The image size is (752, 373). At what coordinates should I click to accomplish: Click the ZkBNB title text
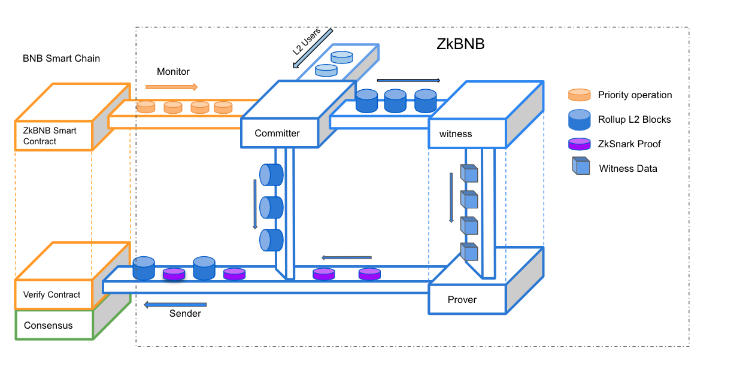[x=460, y=45]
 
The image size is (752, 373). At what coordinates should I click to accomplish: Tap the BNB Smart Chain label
[x=61, y=59]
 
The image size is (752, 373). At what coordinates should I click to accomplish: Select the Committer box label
[x=277, y=134]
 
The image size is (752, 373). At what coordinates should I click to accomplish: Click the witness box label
[x=456, y=134]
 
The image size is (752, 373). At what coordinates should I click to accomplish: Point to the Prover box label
[x=462, y=299]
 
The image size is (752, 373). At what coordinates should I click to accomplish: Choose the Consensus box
[x=48, y=326]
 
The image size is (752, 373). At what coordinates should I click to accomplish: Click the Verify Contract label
[x=52, y=295]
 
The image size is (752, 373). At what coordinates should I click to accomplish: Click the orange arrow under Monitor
[x=171, y=87]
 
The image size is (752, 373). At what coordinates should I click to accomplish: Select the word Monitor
[x=173, y=72]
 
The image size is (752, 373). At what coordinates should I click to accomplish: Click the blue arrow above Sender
[x=175, y=305]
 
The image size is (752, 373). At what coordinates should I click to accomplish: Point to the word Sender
[x=185, y=314]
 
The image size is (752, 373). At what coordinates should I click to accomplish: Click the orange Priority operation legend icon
[x=579, y=95]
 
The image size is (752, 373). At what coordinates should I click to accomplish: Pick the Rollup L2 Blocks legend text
[x=635, y=120]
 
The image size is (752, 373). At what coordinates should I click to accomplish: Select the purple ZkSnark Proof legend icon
[x=579, y=144]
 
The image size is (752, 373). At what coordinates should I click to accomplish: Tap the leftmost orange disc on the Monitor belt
[x=146, y=107]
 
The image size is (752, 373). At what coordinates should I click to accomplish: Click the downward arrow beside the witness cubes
[x=451, y=198]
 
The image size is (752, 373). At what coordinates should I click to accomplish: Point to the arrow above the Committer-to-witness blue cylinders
[x=408, y=80]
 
